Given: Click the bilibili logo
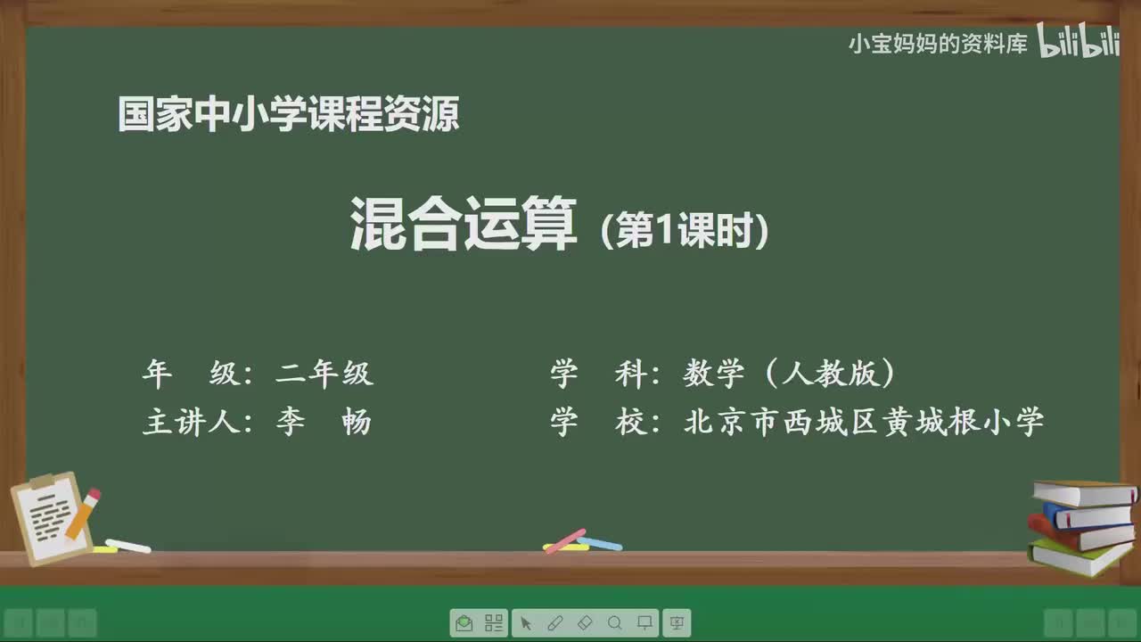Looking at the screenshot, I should tap(1078, 43).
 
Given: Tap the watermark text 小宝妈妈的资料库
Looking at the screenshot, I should tap(937, 44).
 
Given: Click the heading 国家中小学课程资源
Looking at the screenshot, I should tap(288, 115).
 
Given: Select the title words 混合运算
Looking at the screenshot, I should tap(463, 224).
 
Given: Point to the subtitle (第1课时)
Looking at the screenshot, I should tap(684, 232).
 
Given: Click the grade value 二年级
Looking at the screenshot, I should tap(324, 374).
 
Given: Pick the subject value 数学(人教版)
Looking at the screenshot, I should tap(789, 374).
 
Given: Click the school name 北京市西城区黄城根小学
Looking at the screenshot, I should tap(863, 422).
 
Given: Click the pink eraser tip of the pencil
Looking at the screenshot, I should tap(93, 495).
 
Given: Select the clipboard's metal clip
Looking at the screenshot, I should tap(42, 482).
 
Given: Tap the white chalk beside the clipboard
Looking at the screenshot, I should tap(127, 546).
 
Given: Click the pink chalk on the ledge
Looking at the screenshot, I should tap(565, 540).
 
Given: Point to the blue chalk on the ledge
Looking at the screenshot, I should tap(599, 543).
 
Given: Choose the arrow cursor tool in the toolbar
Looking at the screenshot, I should tap(526, 622).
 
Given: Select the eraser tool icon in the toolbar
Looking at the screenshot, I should tap(585, 622).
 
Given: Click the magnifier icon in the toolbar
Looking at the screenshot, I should tap(614, 622).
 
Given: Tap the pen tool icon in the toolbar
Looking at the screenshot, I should tap(554, 622).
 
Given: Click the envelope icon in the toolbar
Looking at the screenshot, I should tap(464, 622).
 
